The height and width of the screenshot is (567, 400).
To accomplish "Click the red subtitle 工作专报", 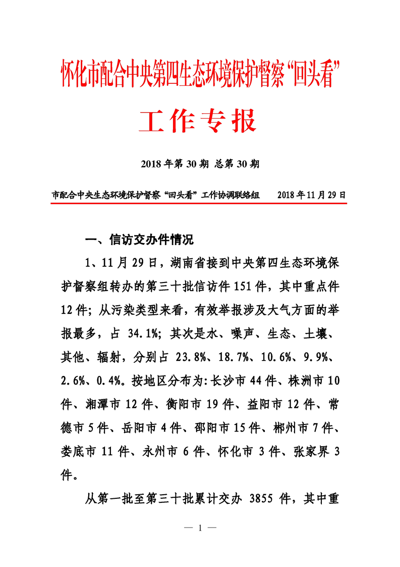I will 199,121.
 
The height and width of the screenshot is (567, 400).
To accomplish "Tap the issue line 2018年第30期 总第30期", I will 200,164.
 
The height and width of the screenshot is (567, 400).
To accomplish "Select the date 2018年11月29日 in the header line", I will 312,195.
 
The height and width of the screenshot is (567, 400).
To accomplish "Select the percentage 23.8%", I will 192,357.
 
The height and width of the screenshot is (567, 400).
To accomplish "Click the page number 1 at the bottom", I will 200,529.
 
